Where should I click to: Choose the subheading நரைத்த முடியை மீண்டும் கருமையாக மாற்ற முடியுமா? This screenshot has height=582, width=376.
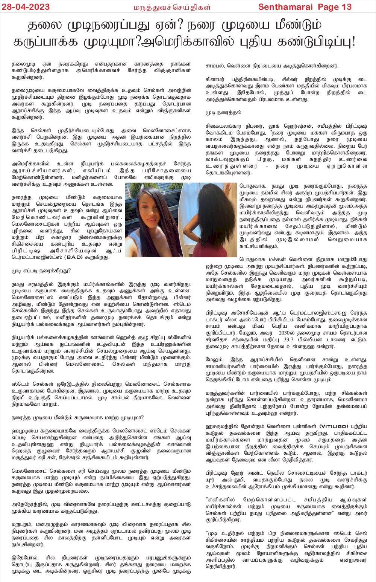coord(77,417)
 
